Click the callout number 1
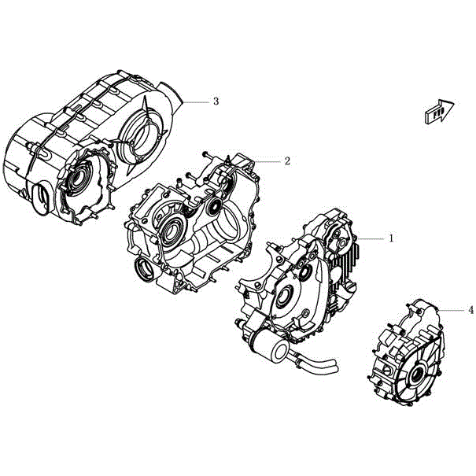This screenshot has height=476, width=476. [x=391, y=236]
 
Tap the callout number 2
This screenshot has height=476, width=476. [x=287, y=161]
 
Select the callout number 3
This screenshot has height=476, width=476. [x=215, y=101]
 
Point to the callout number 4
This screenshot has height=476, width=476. [x=470, y=310]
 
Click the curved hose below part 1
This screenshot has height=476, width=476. [x=318, y=367]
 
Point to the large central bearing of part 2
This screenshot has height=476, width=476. [x=174, y=231]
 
